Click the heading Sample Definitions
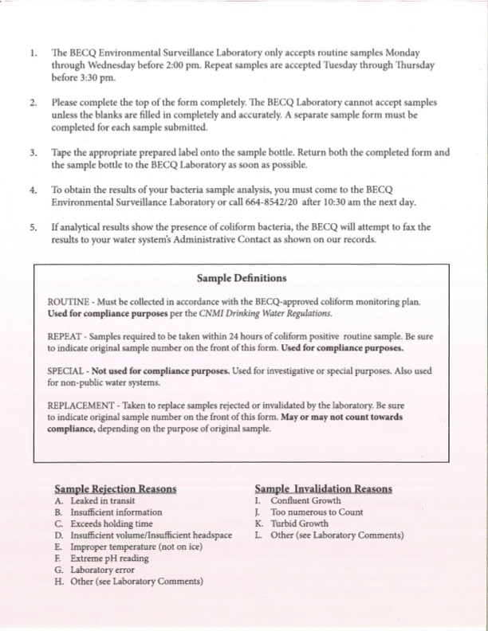(242, 279)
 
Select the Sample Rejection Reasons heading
(116, 488)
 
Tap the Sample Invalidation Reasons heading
(323, 488)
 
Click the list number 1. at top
(33, 53)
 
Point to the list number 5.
(33, 227)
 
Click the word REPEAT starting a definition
(65, 337)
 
